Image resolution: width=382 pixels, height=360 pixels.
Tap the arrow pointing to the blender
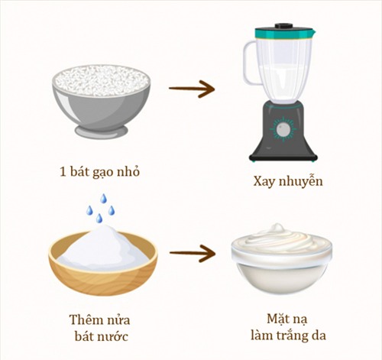[x=191, y=89]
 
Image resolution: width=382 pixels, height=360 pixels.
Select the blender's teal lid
[x=283, y=33]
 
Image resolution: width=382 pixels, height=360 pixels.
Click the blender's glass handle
[x=249, y=61]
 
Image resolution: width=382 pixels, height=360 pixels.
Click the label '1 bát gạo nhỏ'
[x=102, y=171]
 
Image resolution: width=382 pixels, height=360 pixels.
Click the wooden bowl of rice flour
[x=102, y=264]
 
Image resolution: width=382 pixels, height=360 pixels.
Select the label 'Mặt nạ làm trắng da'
[x=283, y=324]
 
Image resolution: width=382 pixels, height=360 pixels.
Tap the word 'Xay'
[x=264, y=182]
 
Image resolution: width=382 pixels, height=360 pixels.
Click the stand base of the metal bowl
[x=101, y=131]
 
